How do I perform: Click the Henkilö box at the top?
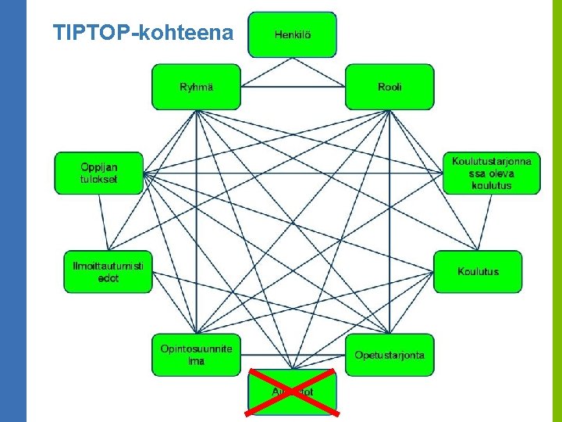292,34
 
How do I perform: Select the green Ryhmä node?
196,87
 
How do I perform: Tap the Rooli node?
389,87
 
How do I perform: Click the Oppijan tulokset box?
99,173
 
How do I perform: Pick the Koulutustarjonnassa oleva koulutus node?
491,173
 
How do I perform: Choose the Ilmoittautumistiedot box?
108,271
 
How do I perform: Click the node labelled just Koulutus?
478,271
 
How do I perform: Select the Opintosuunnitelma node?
196,354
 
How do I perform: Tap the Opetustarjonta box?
389,354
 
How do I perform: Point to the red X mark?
292,391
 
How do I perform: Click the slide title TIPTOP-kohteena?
143,33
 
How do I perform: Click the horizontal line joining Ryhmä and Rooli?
293,87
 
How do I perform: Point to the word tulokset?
99,179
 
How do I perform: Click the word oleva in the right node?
492,173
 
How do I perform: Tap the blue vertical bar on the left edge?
13,211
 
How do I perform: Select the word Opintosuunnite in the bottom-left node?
196,349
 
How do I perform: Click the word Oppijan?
99,166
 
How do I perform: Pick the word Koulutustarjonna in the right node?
492,161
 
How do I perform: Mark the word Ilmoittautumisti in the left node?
108,266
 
